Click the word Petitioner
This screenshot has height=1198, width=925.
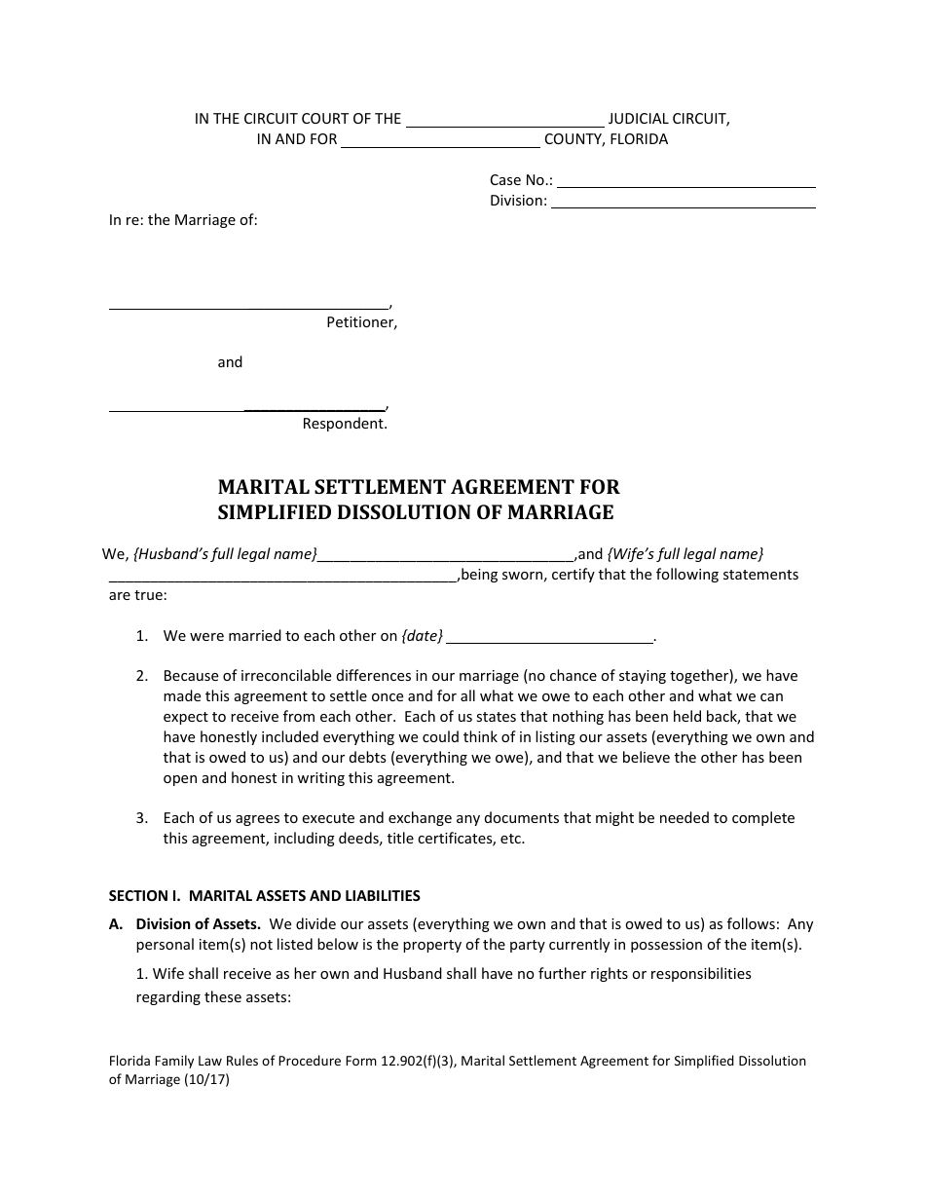(x=361, y=322)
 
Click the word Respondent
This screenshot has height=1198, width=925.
(x=345, y=424)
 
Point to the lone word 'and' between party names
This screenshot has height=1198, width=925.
(x=230, y=362)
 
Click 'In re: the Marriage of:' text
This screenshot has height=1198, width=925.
(x=183, y=220)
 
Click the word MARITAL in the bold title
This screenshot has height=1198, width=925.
(x=258, y=487)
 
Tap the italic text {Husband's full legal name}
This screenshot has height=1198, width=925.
(x=225, y=554)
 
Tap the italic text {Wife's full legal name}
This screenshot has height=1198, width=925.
(x=685, y=554)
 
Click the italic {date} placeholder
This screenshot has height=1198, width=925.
(x=422, y=636)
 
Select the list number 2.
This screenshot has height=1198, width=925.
(x=141, y=675)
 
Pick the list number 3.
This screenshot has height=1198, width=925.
(x=141, y=818)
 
